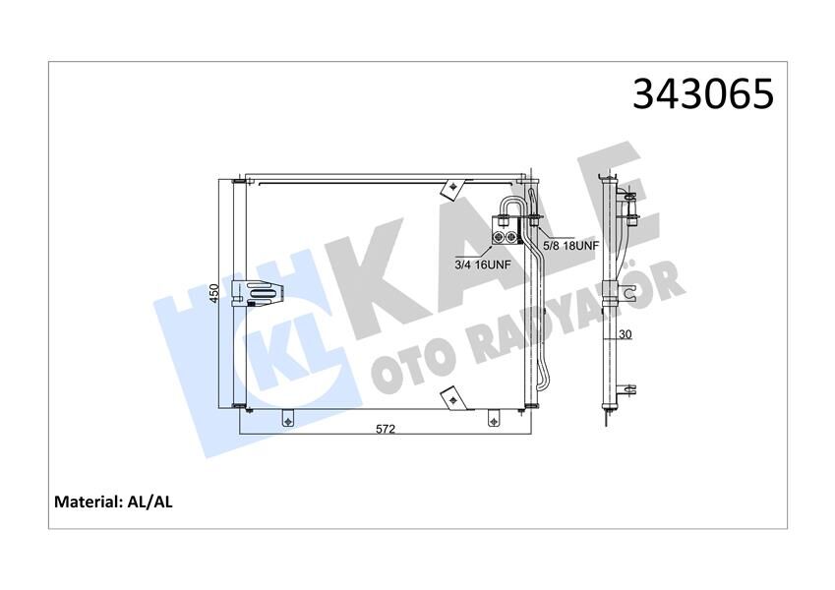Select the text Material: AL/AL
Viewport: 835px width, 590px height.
pos(113,501)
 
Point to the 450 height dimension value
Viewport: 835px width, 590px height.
pos(213,293)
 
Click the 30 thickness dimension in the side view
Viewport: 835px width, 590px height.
pos(625,335)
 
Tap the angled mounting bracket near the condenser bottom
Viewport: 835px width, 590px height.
pos(452,396)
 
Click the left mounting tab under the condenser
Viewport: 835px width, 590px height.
pos(287,417)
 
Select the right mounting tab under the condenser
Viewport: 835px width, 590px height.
pos(493,417)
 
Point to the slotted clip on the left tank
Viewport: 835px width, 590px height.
pos(265,292)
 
